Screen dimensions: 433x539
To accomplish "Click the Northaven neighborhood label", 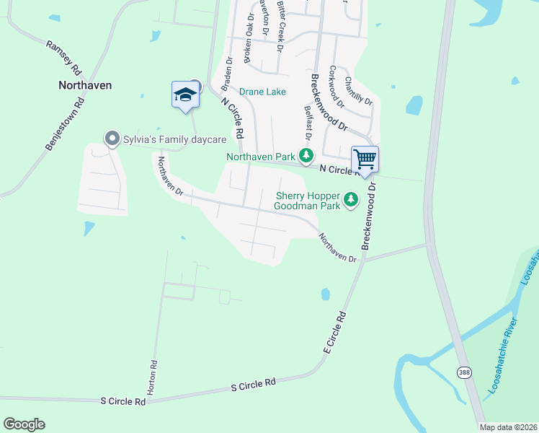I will pyautogui.click(x=85, y=84).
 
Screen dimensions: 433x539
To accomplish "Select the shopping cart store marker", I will pyautogui.click(x=365, y=159).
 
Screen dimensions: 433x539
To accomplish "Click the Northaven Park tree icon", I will pyautogui.click(x=306, y=154).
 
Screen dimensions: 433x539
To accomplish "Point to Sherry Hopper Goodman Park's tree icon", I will pyautogui.click(x=351, y=198).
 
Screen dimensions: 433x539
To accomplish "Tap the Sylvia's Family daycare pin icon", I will pyautogui.click(x=111, y=138).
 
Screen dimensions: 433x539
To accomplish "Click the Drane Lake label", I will pyautogui.click(x=262, y=92).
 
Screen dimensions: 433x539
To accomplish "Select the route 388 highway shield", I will pyautogui.click(x=465, y=370).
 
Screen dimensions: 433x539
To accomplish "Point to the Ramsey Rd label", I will pyautogui.click(x=63, y=58).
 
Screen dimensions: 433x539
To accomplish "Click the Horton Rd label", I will pyautogui.click(x=152, y=377).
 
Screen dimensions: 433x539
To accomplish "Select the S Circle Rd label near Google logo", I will pyautogui.click(x=122, y=400).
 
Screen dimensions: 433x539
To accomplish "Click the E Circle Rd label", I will pyautogui.click(x=335, y=332).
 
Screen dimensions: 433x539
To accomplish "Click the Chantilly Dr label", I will pyautogui.click(x=358, y=91).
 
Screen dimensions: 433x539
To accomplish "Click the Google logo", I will pyautogui.click(x=24, y=424).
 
